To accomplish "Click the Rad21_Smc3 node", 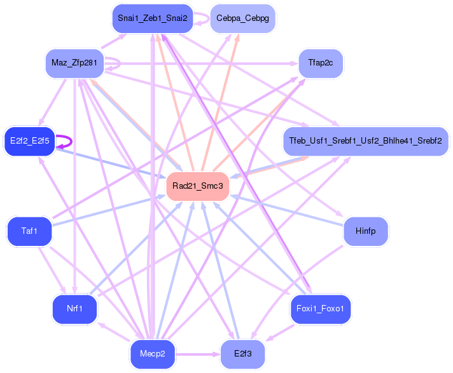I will (x=197, y=186).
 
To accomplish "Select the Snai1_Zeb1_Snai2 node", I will (x=152, y=18).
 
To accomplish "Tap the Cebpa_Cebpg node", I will (x=242, y=18).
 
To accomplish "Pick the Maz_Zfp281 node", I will (x=74, y=64).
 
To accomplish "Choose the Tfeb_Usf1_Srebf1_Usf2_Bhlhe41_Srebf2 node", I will (x=365, y=140).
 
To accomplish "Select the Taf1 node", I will (x=29, y=231).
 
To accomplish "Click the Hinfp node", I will (x=366, y=231).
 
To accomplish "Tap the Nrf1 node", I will (x=74, y=309).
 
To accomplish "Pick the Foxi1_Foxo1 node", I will (x=320, y=309).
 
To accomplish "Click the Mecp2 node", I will (x=152, y=354).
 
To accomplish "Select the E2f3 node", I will (x=242, y=354).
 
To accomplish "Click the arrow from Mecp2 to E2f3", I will (x=197, y=354).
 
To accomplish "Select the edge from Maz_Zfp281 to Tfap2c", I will (x=204, y=64).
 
